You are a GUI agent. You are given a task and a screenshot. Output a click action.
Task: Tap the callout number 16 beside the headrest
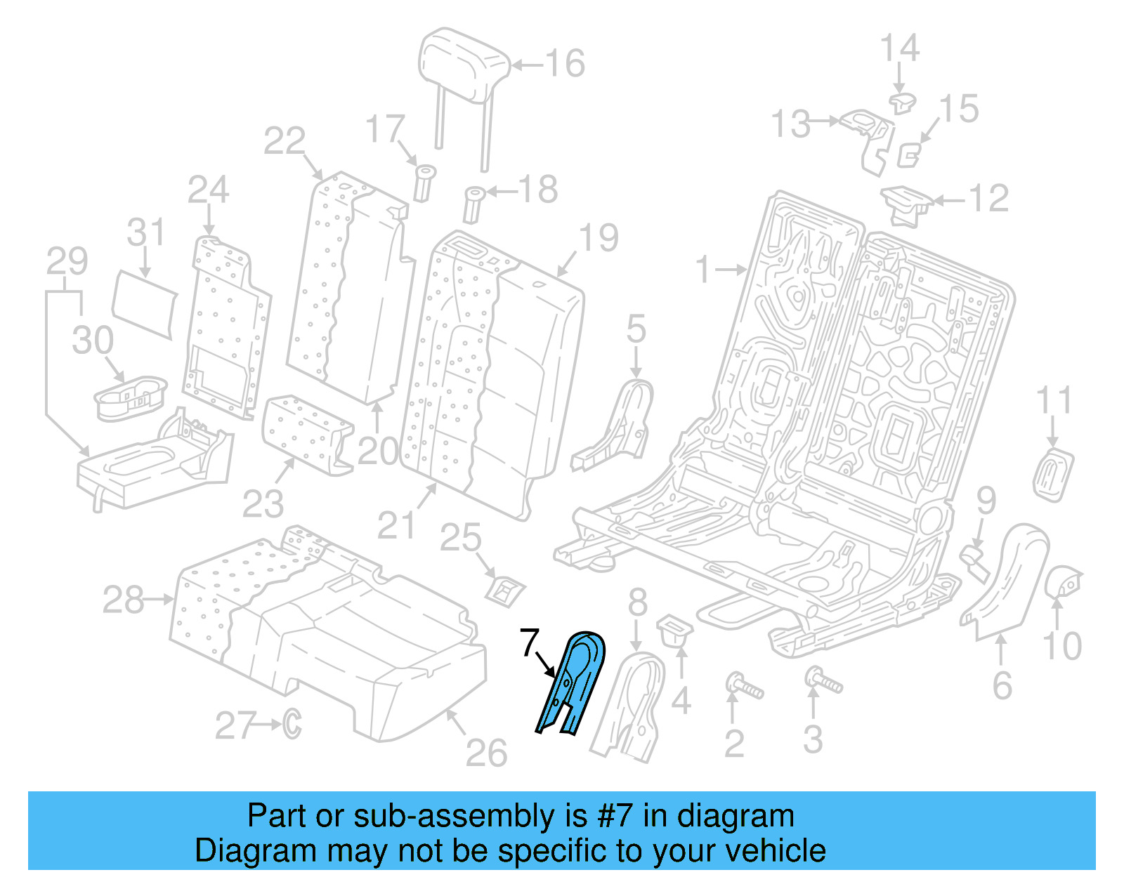click(565, 64)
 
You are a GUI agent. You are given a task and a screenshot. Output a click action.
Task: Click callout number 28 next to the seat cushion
click(124, 600)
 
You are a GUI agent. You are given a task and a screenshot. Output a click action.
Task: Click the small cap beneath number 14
click(902, 103)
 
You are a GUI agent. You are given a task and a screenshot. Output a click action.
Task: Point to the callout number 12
click(989, 199)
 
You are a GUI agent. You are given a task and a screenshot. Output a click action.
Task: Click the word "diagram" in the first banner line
click(736, 817)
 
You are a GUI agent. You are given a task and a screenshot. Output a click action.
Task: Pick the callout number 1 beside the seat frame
click(703, 270)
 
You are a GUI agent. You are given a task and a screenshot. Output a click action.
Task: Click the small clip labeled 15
click(910, 154)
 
